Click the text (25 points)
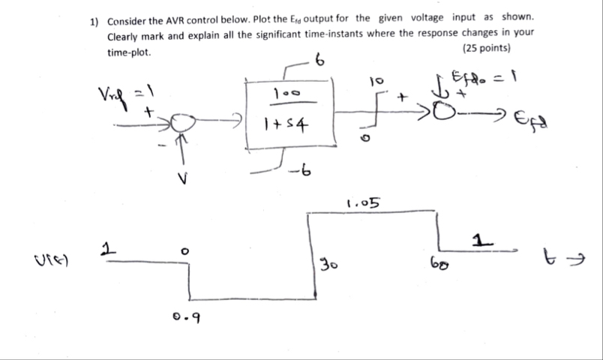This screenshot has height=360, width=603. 487,49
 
